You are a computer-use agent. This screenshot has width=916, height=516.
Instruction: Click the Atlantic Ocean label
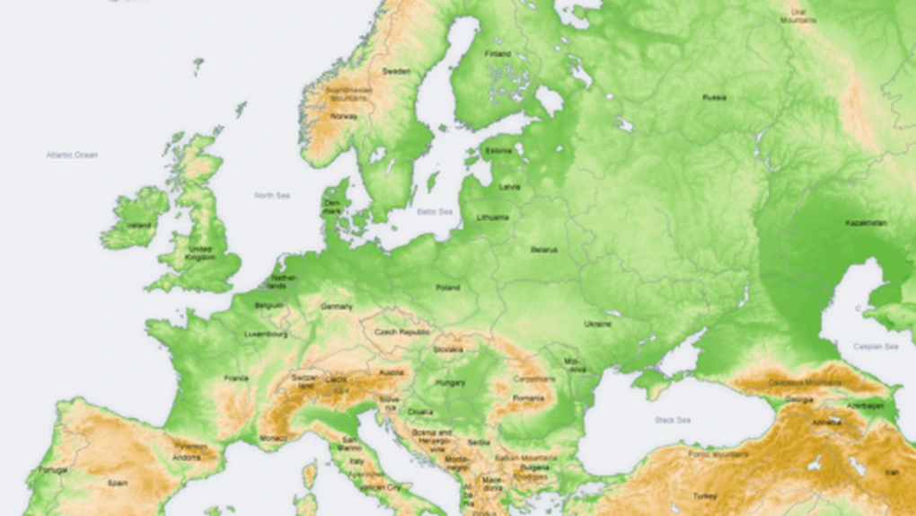pyautogui.click(x=72, y=155)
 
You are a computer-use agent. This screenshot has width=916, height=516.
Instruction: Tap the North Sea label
pyautogui.click(x=271, y=195)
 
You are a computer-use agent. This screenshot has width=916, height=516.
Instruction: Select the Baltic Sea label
pyautogui.click(x=435, y=211)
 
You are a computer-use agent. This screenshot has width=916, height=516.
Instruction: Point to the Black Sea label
pyautogui.click(x=673, y=420)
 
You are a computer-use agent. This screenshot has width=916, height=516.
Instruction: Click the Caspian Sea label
pyautogui.click(x=876, y=346)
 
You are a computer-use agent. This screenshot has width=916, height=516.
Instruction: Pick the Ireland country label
pyautogui.click(x=138, y=225)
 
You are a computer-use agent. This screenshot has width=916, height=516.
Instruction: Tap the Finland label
pyautogui.click(x=498, y=54)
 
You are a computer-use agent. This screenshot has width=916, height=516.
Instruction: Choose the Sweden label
pyautogui.click(x=396, y=71)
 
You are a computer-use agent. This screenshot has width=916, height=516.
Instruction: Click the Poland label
pyautogui.click(x=447, y=288)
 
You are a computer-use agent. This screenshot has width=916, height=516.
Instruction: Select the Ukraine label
pyautogui.click(x=598, y=324)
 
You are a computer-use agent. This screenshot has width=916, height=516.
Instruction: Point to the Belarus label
pyautogui.click(x=543, y=249)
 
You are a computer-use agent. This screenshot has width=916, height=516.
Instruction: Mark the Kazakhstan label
pyautogui.click(x=866, y=222)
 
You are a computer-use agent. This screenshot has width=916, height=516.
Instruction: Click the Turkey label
pyautogui.click(x=705, y=495)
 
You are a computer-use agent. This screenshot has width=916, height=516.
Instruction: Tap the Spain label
pyautogui.click(x=118, y=483)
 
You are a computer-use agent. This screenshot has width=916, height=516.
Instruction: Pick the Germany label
pyautogui.click(x=337, y=307)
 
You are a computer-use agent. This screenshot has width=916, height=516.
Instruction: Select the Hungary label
pyautogui.click(x=451, y=383)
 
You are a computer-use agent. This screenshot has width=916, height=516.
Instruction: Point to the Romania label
pyautogui.click(x=529, y=397)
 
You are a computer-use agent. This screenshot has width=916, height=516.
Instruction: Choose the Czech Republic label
pyautogui.click(x=402, y=331)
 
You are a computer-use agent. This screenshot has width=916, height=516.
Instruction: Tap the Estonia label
pyautogui.click(x=498, y=150)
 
